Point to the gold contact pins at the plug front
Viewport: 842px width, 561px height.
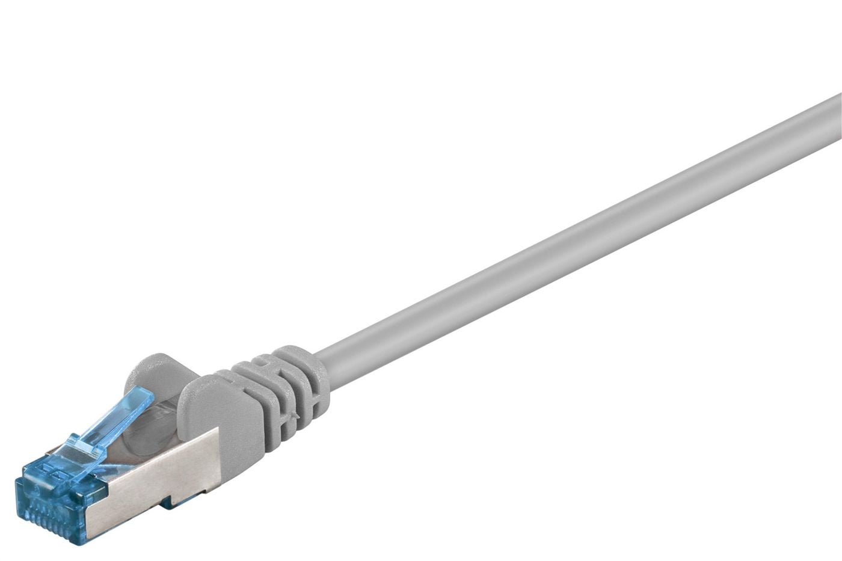[48, 521]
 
